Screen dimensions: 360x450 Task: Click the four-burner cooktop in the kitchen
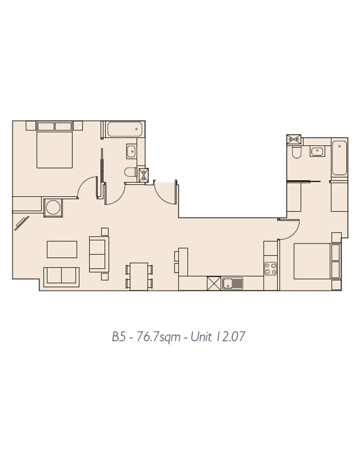(270, 269)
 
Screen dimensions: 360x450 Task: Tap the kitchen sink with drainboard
(232, 283)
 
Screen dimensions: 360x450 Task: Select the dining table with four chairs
(139, 277)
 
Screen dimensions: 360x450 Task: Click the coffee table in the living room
(62, 249)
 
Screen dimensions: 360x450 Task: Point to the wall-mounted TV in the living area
(22, 223)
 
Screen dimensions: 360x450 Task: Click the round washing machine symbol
(53, 207)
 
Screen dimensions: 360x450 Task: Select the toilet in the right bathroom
(296, 152)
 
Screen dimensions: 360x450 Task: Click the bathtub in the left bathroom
(125, 129)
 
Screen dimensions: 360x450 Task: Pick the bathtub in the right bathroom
(339, 158)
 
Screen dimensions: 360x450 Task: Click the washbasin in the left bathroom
(131, 151)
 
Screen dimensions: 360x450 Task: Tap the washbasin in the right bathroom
(317, 151)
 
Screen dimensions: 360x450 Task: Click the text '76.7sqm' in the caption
(158, 337)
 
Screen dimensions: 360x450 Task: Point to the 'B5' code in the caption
(119, 337)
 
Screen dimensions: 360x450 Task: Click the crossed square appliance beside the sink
(214, 283)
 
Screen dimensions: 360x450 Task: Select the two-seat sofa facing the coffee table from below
(61, 277)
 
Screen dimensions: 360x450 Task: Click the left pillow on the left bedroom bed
(46, 127)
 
